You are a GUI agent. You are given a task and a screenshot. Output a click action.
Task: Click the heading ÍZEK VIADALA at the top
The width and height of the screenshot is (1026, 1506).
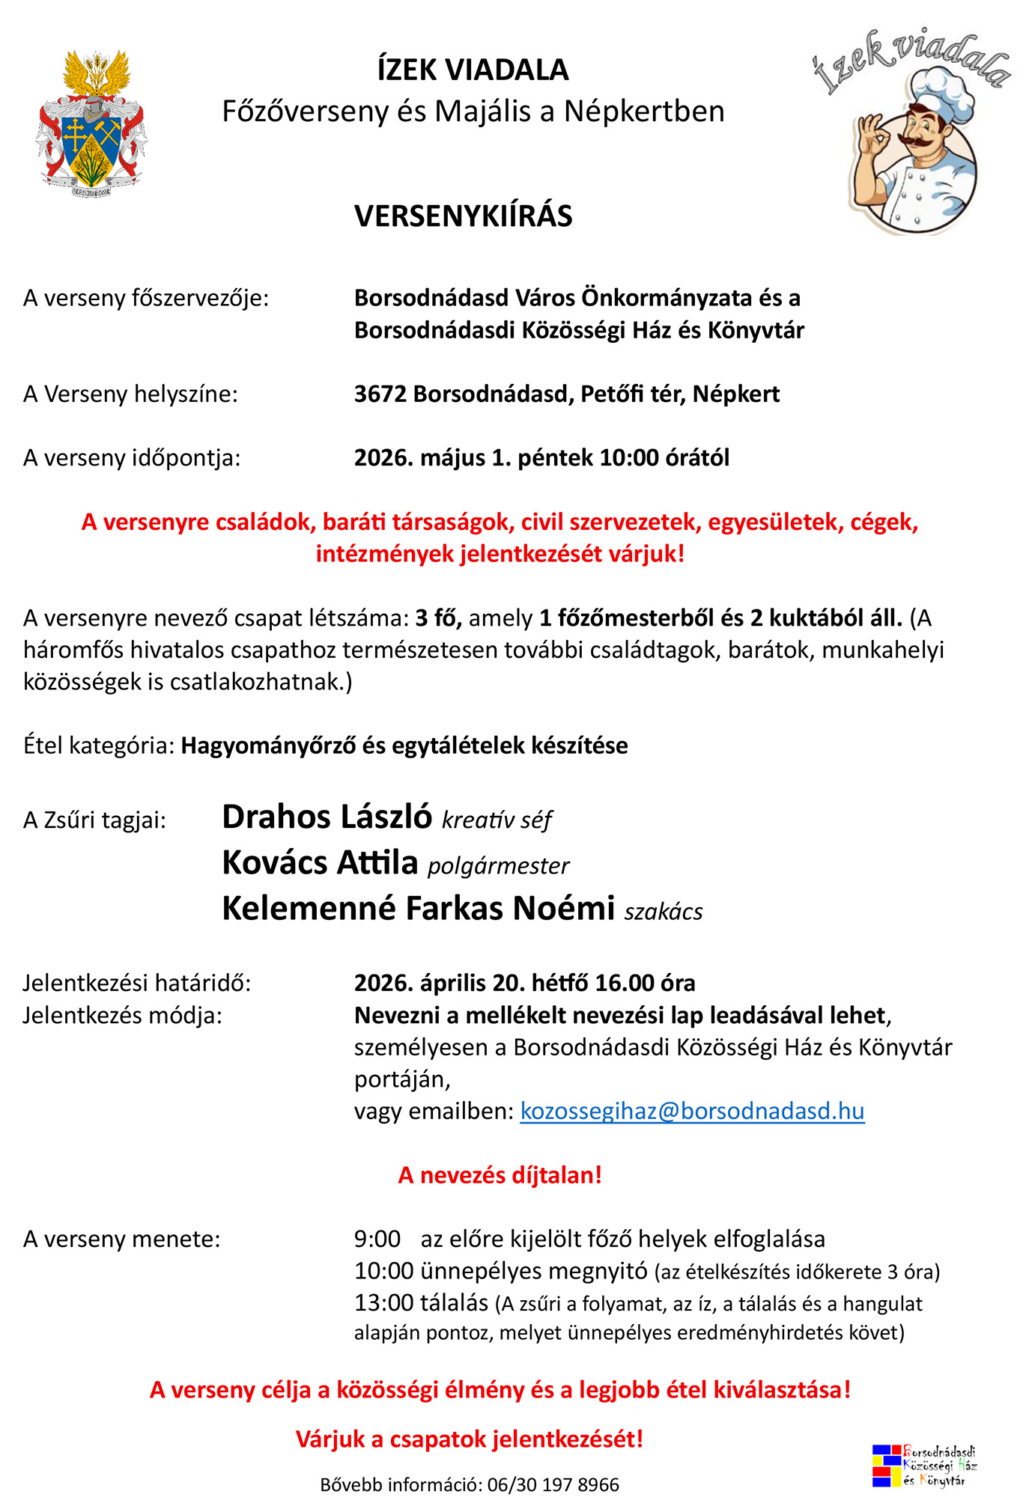tap(473, 70)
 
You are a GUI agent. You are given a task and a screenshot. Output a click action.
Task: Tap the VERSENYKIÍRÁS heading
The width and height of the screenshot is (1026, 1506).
tap(463, 216)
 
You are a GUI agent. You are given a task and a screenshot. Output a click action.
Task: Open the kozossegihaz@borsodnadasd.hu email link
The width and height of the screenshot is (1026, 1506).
tap(692, 1111)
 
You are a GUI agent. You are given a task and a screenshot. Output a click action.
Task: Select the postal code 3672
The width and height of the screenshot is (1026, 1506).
tap(380, 394)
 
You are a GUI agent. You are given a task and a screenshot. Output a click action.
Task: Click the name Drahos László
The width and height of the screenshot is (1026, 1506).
tap(327, 817)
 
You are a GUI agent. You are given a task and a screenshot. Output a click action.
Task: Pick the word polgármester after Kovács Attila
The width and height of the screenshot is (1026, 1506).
tap(498, 866)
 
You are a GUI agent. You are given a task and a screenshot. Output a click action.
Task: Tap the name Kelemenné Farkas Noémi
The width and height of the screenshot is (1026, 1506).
tap(418, 909)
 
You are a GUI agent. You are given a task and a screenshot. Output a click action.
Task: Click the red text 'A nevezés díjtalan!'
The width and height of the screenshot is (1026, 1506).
tap(500, 1175)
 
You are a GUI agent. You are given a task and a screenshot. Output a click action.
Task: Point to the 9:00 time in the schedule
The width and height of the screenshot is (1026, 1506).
tap(377, 1240)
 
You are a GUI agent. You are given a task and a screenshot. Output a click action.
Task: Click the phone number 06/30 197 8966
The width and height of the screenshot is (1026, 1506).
tap(553, 1485)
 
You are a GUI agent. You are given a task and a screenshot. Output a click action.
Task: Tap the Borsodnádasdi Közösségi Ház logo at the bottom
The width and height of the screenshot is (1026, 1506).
tap(924, 1465)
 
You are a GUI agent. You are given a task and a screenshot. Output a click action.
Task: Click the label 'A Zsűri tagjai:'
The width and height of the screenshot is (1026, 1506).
tap(94, 820)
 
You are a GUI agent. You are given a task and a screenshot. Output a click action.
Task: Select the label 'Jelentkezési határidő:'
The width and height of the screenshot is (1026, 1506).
tap(137, 983)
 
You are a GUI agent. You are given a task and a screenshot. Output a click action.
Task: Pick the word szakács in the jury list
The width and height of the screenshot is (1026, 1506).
tap(664, 912)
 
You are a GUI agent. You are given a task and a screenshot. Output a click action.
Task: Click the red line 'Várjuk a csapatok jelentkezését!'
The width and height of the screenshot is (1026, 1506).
tap(470, 1439)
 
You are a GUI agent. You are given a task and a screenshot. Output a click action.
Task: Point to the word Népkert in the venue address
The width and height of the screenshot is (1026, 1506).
tap(735, 394)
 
